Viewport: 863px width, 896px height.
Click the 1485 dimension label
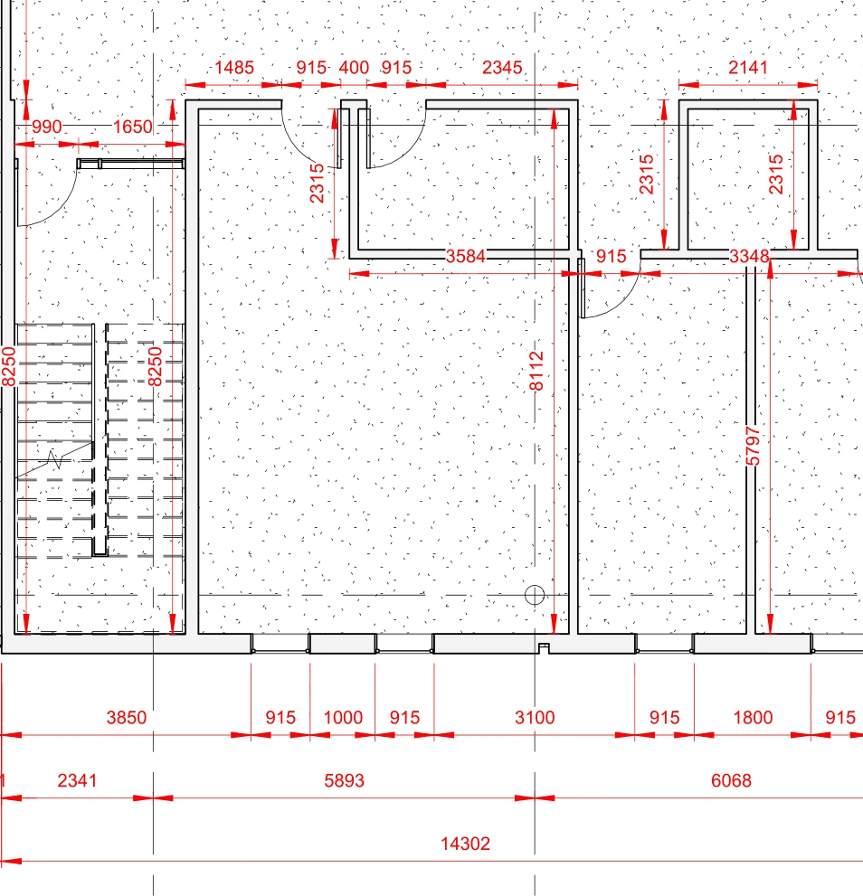coord(234,68)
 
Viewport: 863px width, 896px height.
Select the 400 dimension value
coord(354,68)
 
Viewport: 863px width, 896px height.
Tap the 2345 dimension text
coord(502,68)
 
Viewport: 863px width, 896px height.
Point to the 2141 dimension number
coord(748,68)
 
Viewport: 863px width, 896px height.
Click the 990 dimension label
coord(46,127)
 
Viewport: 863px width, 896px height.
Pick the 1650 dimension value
coord(133,127)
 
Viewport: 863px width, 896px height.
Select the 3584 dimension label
coord(466,256)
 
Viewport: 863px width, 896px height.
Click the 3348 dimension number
coord(749,256)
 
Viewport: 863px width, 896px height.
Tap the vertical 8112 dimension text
coord(536,371)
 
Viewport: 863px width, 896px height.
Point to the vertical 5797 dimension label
coord(754,447)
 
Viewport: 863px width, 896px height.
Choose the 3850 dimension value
coord(127,717)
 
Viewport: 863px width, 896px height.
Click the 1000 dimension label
coord(343,717)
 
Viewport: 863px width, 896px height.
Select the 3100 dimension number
coord(535,717)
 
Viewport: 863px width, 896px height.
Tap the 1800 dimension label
coord(753,717)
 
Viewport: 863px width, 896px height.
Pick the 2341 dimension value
coord(77,780)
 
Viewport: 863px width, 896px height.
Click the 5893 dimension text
coord(345,780)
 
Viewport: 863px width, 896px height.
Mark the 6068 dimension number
coord(731,780)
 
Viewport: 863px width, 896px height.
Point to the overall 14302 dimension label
coord(465,844)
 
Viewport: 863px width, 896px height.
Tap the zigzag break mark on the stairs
coord(54,459)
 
